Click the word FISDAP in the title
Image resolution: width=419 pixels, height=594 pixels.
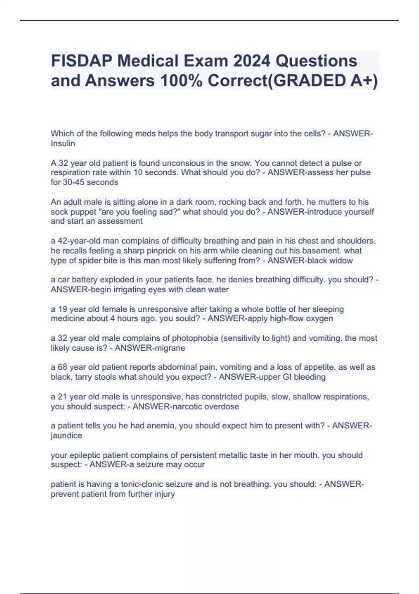pyautogui.click(x=81, y=61)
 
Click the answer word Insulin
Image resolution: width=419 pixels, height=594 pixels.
pyautogui.click(x=63, y=143)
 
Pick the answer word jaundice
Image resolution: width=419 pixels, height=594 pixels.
pyautogui.click(x=66, y=436)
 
